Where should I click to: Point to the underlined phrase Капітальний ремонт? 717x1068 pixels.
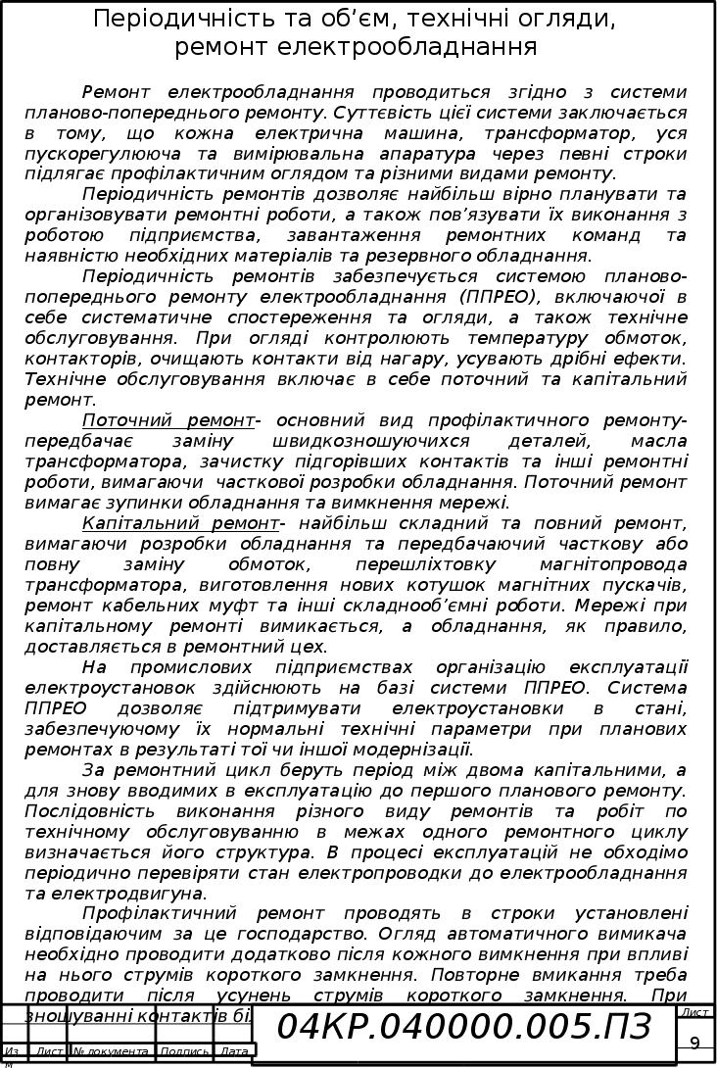point(180,523)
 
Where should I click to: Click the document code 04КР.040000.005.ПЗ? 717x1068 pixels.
point(464,1026)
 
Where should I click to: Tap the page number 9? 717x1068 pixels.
point(694,1042)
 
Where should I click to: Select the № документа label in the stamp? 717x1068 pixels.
point(111,1051)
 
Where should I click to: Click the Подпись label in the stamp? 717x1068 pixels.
point(184,1051)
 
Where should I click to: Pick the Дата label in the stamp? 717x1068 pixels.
point(234,1051)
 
